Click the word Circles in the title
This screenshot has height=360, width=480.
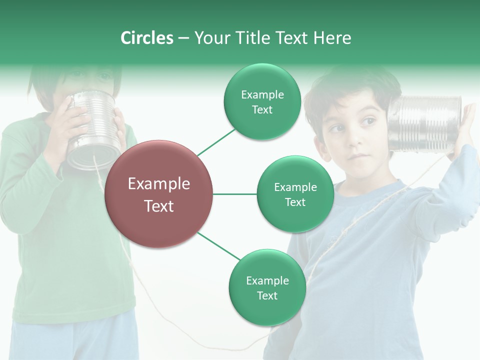point(147,38)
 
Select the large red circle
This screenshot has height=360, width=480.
point(159,194)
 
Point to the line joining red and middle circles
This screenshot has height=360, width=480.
point(234,194)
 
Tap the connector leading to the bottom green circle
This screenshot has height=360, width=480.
point(219,246)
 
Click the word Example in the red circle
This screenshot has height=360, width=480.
point(159,184)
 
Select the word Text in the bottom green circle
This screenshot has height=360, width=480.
point(267,295)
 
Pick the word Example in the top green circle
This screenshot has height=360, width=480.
point(262,95)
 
